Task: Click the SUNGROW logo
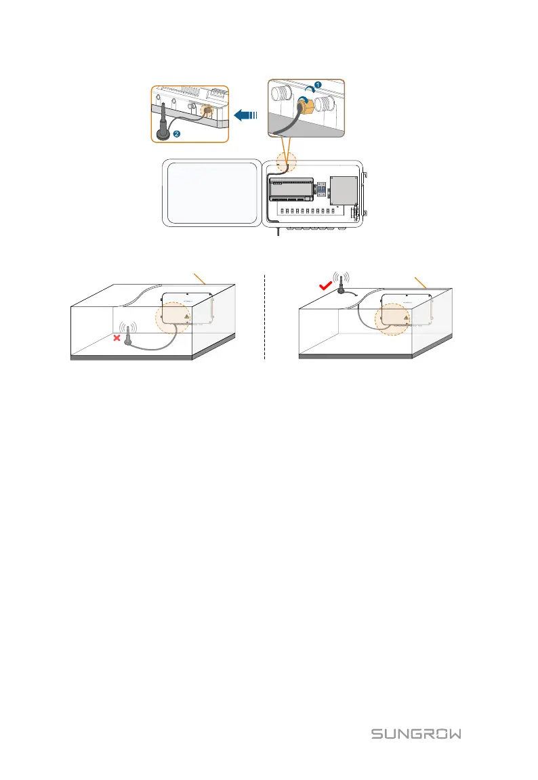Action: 416,734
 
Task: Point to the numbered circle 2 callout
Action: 177,134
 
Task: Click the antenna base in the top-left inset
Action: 163,132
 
